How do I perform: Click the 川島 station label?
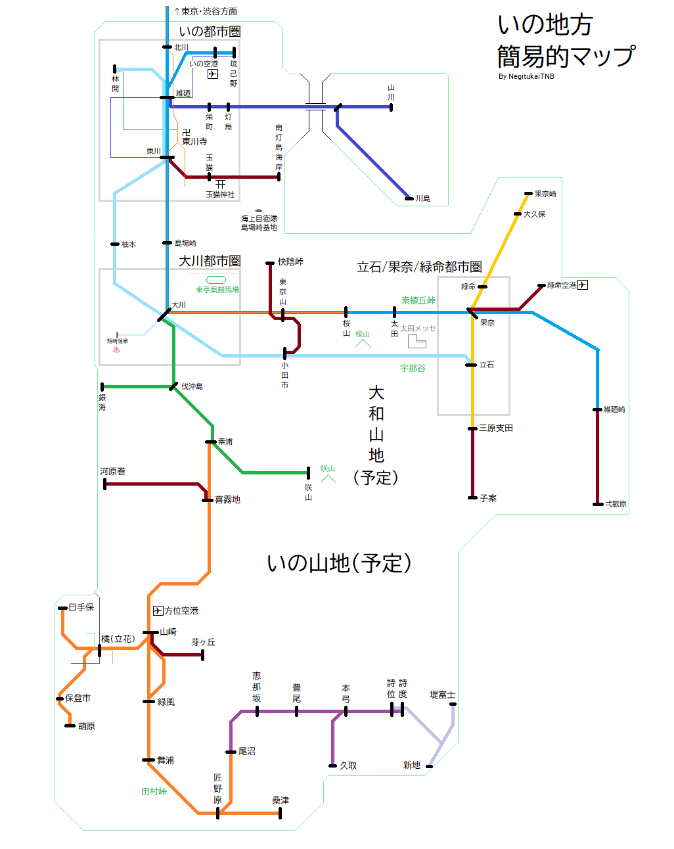tap(422, 198)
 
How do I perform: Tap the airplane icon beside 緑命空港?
tap(583, 285)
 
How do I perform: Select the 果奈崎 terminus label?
tap(545, 194)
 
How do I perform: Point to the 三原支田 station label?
tap(496, 428)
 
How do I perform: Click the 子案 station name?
tap(488, 498)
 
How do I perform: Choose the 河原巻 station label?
tap(112, 471)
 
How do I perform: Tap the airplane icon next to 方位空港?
tap(158, 610)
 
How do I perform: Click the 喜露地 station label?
tap(227, 499)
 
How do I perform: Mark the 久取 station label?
tap(348, 766)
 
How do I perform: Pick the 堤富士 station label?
tap(442, 695)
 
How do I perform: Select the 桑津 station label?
tap(281, 800)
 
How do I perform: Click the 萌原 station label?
tap(87, 726)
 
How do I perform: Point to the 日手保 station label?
tap(81, 607)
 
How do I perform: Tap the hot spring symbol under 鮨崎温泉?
tap(118, 350)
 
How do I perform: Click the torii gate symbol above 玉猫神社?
tap(220, 184)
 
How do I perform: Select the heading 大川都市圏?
tap(210, 261)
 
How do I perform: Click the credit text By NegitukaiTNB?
tap(526, 76)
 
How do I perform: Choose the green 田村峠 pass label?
tap(154, 791)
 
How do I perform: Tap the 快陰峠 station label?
tap(290, 262)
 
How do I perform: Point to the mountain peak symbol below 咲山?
tap(328, 478)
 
